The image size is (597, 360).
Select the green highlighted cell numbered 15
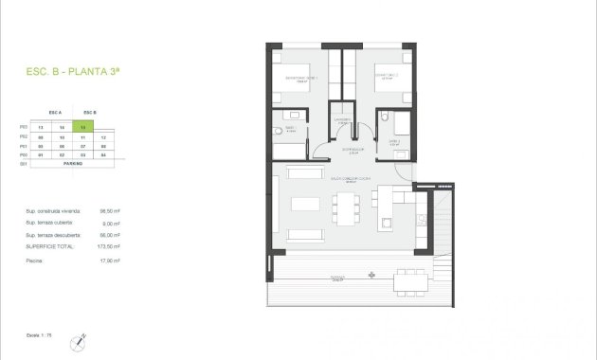(84, 126)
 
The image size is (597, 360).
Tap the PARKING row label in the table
(73, 163)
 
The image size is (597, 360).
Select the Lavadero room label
(343, 119)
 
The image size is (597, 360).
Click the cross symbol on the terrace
(371, 276)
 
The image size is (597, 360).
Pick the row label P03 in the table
(23, 126)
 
